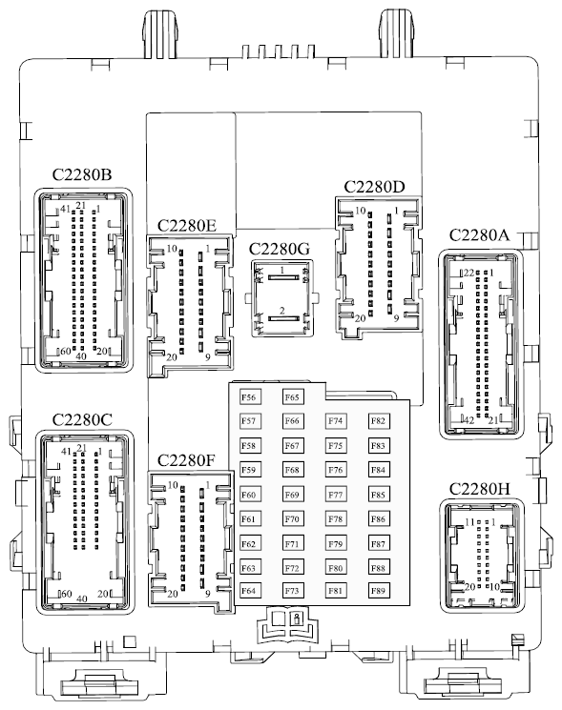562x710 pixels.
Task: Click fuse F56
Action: (248, 397)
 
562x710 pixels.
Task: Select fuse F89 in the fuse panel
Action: (378, 591)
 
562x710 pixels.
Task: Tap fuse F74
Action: (336, 421)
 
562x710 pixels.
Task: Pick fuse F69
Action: (292, 495)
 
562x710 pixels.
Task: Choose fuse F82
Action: (378, 421)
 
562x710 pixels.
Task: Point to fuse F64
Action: (248, 591)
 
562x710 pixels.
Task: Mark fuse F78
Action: (336, 518)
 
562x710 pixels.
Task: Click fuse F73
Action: (292, 591)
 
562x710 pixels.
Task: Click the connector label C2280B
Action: (82, 174)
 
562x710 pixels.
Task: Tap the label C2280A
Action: (480, 235)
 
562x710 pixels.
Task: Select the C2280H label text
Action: (480, 489)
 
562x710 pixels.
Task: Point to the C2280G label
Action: (280, 249)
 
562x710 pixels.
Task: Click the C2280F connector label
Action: (186, 460)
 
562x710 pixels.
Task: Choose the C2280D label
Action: (374, 187)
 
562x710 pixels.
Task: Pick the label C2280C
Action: (82, 419)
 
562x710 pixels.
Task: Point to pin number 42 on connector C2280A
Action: (469, 420)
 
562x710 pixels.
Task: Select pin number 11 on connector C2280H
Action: (470, 522)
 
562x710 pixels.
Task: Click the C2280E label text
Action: (187, 225)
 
